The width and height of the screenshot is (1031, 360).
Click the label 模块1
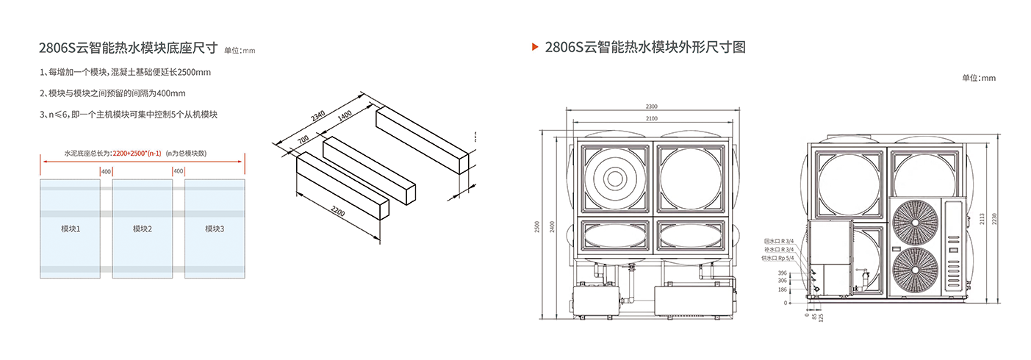pyautogui.click(x=71, y=228)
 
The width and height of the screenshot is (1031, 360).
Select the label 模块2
pyautogui.click(x=143, y=228)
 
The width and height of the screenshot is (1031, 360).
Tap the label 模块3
pyautogui.click(x=215, y=228)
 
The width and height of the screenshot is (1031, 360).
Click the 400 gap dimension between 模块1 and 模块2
pyautogui.click(x=106, y=171)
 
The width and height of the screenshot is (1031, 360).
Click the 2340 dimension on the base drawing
pyautogui.click(x=318, y=115)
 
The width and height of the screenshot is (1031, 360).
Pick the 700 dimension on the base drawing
pyautogui.click(x=302, y=140)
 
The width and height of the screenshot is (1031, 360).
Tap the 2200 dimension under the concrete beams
pyautogui.click(x=338, y=212)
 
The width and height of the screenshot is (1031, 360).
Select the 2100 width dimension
pyautogui.click(x=651, y=118)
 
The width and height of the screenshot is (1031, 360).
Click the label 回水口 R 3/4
pyautogui.click(x=779, y=241)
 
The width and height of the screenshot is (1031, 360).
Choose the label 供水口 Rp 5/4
pyautogui.click(x=778, y=258)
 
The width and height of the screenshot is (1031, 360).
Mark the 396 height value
pyautogui.click(x=782, y=273)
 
